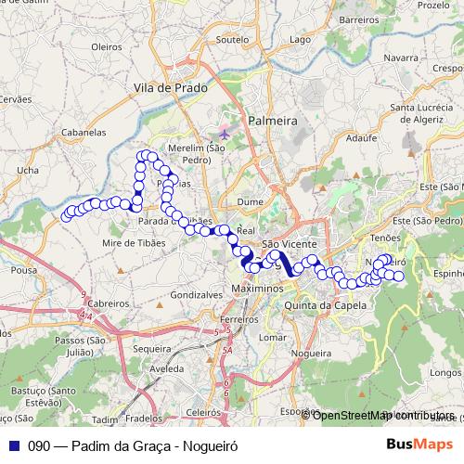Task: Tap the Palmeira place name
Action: point(272,120)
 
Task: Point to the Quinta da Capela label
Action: point(321,304)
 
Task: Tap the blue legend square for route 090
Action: point(13,445)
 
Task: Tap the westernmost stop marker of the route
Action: point(67,217)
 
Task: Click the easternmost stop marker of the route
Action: point(399,277)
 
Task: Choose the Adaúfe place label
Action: point(358,135)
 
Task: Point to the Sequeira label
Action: point(152,350)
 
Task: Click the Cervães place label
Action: point(18,98)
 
